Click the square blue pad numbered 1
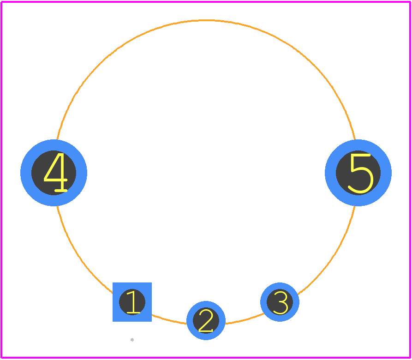pos(132,302)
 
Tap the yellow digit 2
pos(206,321)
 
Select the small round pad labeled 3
pos(280,302)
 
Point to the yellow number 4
pos(56,172)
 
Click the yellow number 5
pos(360,174)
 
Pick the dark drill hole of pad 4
pos(54,173)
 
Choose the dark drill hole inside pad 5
pos(358,173)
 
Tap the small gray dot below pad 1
pos(132,340)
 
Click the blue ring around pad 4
pos(26,173)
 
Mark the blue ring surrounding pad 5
pos(386,173)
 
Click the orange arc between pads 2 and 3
pos(245,319)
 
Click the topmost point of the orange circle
pos(206,20)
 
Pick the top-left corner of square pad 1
pos(113,283)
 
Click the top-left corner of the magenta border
pos(1,2)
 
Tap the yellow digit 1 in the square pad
pos(133,302)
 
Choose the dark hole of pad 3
pos(280,302)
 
